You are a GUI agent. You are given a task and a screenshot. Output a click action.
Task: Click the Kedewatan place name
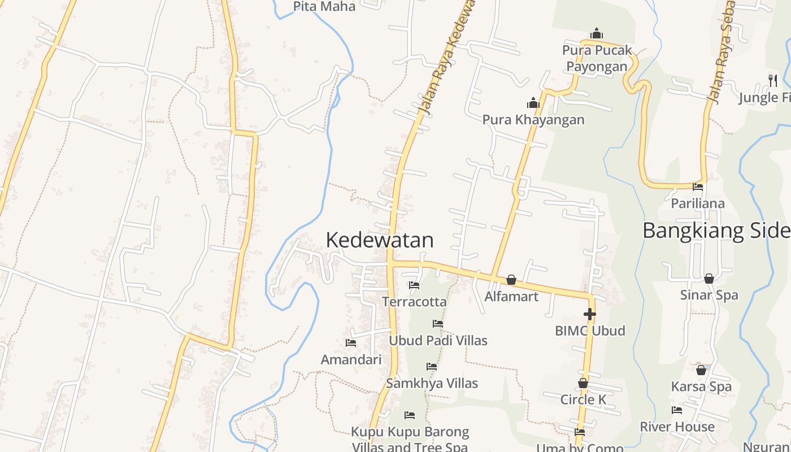point(380,240)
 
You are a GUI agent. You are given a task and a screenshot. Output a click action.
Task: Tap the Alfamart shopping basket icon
point(511,280)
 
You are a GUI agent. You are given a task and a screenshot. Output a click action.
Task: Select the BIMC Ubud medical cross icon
point(589,314)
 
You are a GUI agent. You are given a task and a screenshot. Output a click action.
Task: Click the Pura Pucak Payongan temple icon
point(596,34)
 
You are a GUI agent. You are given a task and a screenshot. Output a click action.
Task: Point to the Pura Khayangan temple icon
point(533,103)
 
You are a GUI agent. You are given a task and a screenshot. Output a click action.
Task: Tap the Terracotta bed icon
point(414,286)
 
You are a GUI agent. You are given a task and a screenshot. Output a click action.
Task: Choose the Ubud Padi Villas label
point(438,341)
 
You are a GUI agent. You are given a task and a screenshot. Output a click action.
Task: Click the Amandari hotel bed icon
point(351,343)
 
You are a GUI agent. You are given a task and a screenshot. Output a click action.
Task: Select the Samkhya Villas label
point(432,383)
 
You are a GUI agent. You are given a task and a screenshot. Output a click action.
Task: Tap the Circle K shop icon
point(583,383)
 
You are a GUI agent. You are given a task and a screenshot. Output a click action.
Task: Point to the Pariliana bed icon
point(698,187)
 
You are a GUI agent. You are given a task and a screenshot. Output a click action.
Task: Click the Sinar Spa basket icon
point(709,279)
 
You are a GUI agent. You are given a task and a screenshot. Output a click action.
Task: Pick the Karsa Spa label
point(701,387)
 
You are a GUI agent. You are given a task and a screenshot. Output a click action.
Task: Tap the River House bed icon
point(677,410)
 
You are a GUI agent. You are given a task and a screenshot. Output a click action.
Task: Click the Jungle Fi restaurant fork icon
point(773,81)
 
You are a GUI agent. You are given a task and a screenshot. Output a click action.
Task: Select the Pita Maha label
point(324,7)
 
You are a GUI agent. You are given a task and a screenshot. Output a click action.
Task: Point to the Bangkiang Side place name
point(716,231)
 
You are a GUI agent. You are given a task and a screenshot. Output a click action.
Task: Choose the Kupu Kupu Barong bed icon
point(410,415)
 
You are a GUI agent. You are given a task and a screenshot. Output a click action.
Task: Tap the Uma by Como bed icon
point(580,432)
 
